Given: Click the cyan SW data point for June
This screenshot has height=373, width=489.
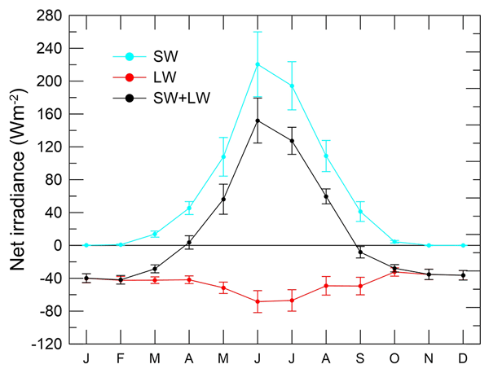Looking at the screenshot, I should (258, 64).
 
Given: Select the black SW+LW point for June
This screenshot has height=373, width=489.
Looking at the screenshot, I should (258, 121).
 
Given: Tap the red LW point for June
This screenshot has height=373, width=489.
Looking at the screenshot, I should (258, 301).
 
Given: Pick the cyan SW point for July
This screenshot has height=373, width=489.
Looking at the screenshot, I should (292, 86).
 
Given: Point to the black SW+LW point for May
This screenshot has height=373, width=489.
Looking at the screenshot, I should (223, 199).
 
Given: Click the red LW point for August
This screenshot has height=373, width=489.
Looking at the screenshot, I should (326, 286).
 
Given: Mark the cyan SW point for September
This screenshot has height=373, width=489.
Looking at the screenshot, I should (360, 212).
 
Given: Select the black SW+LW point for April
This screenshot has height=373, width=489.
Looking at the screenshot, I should (189, 242).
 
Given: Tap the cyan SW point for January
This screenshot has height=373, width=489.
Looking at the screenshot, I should (86, 245).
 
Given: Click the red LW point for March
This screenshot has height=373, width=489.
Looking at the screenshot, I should (155, 280).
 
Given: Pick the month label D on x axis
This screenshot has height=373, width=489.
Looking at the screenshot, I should (463, 358).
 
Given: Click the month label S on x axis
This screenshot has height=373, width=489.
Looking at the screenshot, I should (360, 358).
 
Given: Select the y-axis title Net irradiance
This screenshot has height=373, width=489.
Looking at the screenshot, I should (20, 179).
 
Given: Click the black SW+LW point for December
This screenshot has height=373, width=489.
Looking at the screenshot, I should (463, 275).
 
